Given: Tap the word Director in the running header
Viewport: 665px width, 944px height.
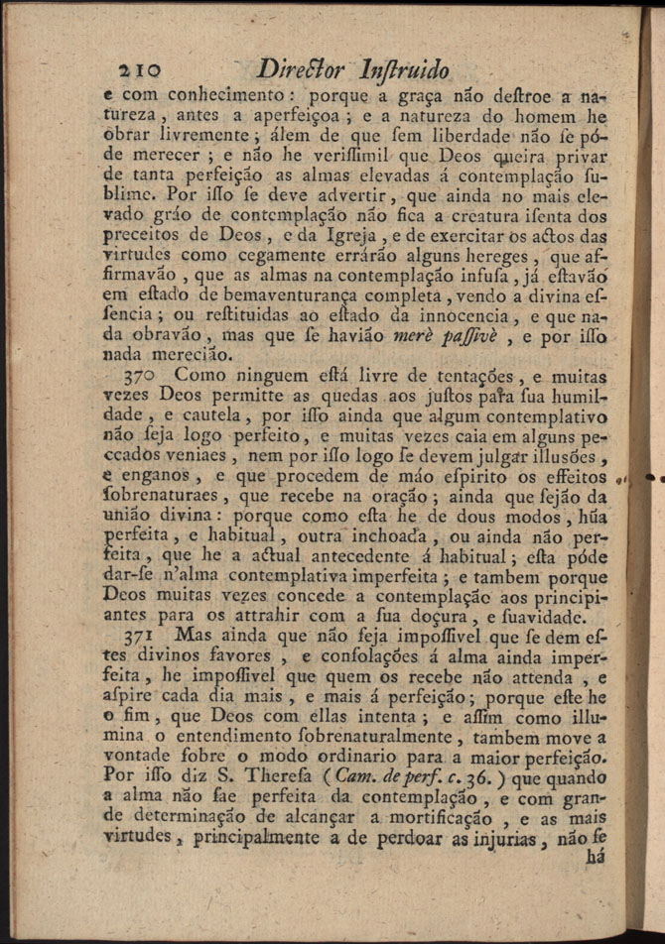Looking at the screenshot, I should pos(299,71).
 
